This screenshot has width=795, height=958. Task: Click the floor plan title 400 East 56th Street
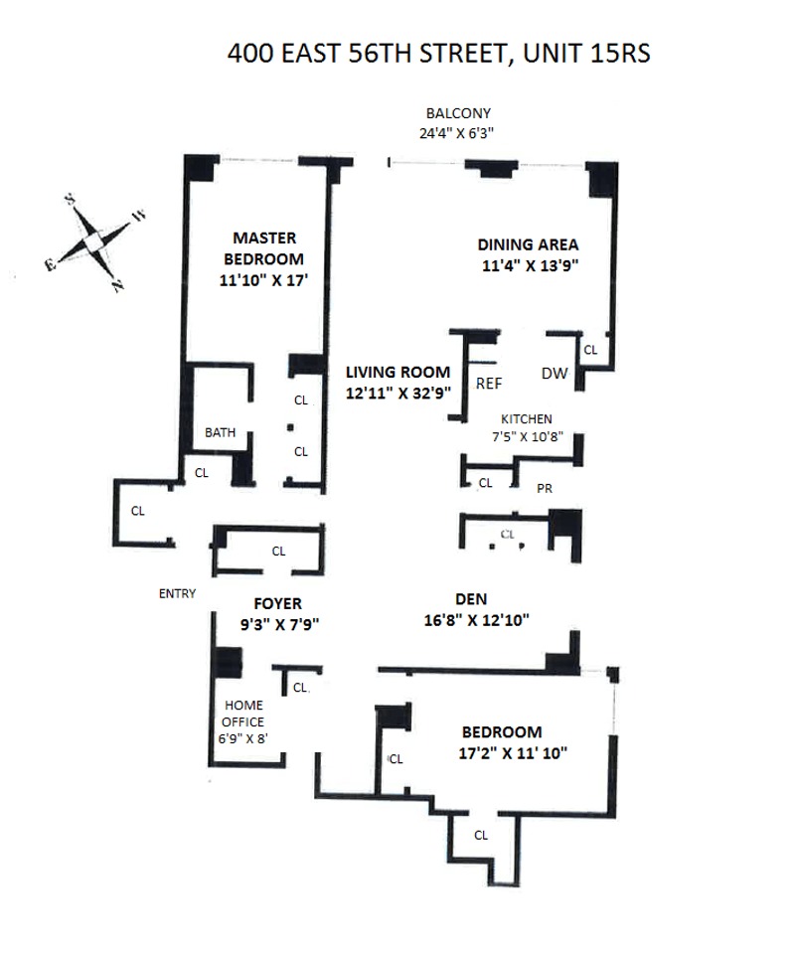(438, 52)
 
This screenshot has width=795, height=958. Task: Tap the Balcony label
(458, 113)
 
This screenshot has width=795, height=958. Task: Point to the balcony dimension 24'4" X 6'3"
(458, 131)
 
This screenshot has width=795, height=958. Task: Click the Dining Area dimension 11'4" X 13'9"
(528, 265)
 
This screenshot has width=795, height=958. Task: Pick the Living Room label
(397, 372)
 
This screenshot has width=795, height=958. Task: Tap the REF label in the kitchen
(488, 383)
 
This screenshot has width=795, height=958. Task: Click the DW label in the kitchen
(554, 374)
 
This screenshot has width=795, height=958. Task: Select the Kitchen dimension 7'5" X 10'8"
(527, 435)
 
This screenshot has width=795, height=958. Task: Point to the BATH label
(220, 432)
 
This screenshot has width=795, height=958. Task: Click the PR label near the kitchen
(544, 488)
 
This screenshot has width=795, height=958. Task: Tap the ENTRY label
(177, 594)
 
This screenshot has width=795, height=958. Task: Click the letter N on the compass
(118, 286)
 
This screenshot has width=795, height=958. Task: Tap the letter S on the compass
(72, 199)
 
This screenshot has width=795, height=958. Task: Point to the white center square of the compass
(93, 241)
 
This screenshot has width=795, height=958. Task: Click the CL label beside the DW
(590, 349)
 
